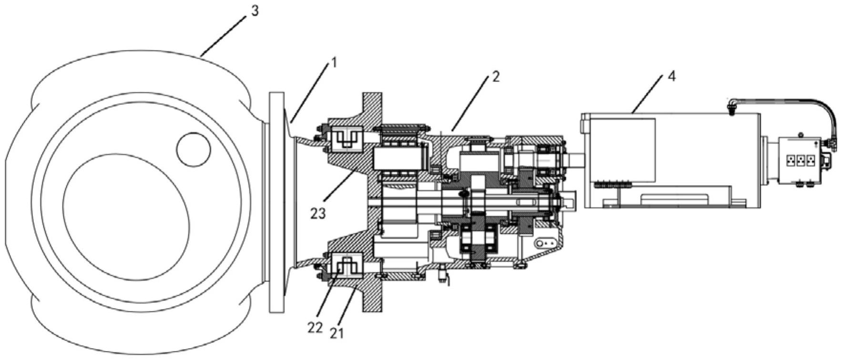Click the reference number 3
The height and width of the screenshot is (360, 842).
pos(255,10)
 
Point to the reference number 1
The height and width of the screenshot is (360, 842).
pos(334,62)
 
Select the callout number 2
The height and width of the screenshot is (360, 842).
pos(496,77)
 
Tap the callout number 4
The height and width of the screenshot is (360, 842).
pos(672,76)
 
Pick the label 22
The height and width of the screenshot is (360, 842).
pos(315,329)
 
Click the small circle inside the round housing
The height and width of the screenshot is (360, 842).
pos(193,149)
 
